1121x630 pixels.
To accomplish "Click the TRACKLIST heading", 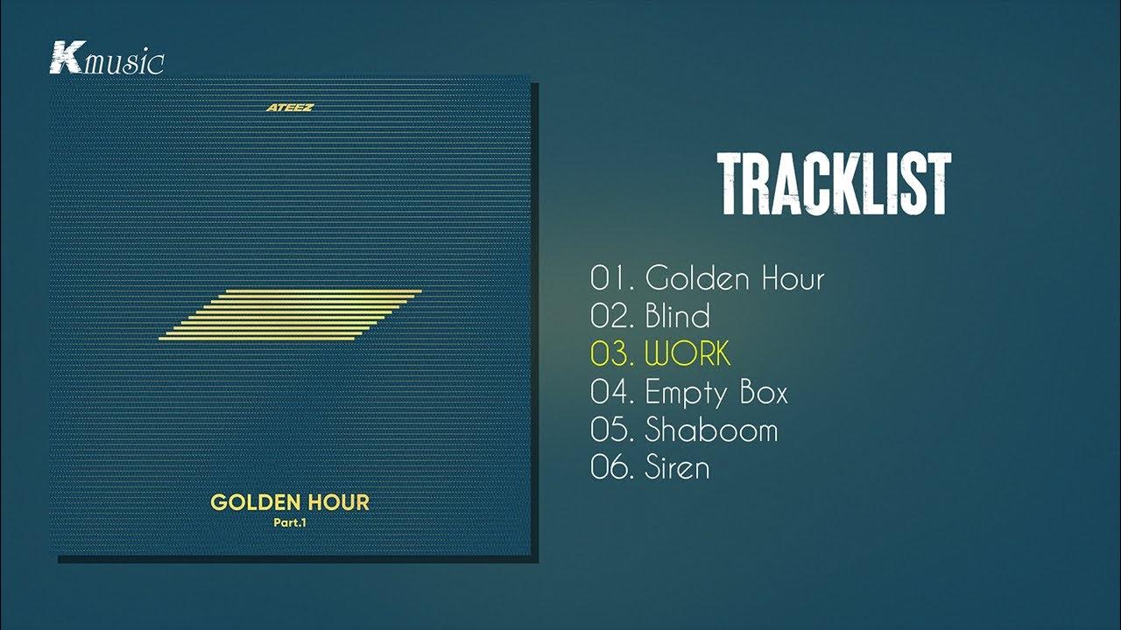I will [x=834, y=185].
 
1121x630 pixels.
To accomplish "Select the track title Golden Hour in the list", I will [x=735, y=279].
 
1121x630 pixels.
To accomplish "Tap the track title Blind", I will [x=678, y=317].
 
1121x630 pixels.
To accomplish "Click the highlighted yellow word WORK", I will [x=687, y=354].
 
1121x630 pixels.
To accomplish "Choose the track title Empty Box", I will [x=716, y=393].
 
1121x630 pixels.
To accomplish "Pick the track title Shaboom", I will [x=711, y=430].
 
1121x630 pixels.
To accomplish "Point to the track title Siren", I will [x=677, y=467].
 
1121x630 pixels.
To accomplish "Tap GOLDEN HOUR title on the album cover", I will [x=290, y=502].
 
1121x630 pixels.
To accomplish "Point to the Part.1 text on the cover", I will [x=290, y=523].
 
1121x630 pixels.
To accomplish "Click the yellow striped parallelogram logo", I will [x=291, y=314].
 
